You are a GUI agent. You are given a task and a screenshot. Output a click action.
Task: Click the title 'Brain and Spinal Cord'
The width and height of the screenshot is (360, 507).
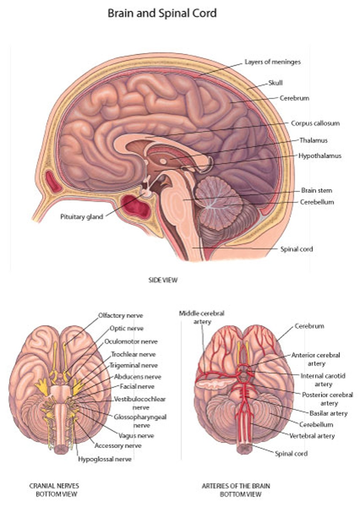162,13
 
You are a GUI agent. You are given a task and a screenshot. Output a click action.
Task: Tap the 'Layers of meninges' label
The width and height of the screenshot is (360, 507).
272,62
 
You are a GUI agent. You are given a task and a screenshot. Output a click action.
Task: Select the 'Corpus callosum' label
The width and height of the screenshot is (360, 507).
315,123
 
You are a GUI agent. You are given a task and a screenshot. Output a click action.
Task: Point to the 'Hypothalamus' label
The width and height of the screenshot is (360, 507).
320,156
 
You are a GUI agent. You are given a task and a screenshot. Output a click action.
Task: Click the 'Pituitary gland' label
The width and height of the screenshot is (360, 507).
82,217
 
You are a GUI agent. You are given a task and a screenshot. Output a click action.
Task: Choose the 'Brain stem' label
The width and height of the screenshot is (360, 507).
316,190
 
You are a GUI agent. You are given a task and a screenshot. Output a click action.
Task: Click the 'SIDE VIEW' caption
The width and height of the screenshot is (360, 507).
163,280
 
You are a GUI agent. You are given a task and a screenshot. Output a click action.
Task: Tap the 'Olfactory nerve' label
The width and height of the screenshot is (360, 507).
120,315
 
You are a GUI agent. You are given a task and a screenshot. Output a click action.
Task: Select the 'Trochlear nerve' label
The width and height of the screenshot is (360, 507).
133,354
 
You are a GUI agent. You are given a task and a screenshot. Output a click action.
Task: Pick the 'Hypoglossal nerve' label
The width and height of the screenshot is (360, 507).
105,459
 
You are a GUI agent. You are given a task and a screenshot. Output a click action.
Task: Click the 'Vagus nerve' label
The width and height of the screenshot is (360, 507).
136,435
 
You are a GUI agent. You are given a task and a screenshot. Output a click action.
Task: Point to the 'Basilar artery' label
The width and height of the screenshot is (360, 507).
328,413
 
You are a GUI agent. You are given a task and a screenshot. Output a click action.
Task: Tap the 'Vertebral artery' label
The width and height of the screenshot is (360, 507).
312,436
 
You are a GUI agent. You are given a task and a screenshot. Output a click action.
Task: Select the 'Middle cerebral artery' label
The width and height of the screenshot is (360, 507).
202,317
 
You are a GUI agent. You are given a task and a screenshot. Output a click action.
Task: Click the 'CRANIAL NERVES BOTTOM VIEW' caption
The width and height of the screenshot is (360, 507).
54,490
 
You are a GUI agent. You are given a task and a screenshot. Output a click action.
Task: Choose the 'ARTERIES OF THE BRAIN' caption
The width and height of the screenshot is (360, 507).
236,486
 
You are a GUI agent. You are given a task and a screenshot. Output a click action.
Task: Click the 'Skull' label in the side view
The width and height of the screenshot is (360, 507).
275,83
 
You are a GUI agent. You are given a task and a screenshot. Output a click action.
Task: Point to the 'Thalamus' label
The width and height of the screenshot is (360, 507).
313,140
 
